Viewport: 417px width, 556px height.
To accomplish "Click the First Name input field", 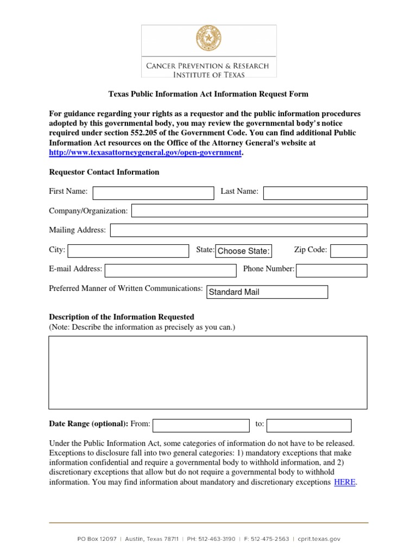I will (x=154, y=193).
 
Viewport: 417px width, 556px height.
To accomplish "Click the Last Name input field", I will (x=315, y=193).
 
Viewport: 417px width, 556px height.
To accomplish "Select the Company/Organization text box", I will (x=249, y=211).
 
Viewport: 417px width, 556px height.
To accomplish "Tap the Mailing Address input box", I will (x=238, y=230).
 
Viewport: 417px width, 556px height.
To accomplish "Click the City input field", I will (x=128, y=250).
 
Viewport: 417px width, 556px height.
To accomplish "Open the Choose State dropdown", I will (x=243, y=251).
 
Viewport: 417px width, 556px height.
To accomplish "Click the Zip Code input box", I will (x=349, y=250).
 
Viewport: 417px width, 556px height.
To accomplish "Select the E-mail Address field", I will (x=170, y=270).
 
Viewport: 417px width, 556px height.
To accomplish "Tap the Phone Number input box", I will (x=331, y=270).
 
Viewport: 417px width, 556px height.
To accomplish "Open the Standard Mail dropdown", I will (x=267, y=292).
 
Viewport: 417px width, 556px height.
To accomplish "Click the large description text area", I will (x=208, y=372).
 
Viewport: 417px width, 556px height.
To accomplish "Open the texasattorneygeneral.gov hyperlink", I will (x=145, y=153).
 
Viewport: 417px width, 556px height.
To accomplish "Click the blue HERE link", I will (x=345, y=482).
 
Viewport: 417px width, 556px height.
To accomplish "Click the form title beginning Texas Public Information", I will (x=208, y=94).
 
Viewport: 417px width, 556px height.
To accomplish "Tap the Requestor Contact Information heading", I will (x=104, y=172).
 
